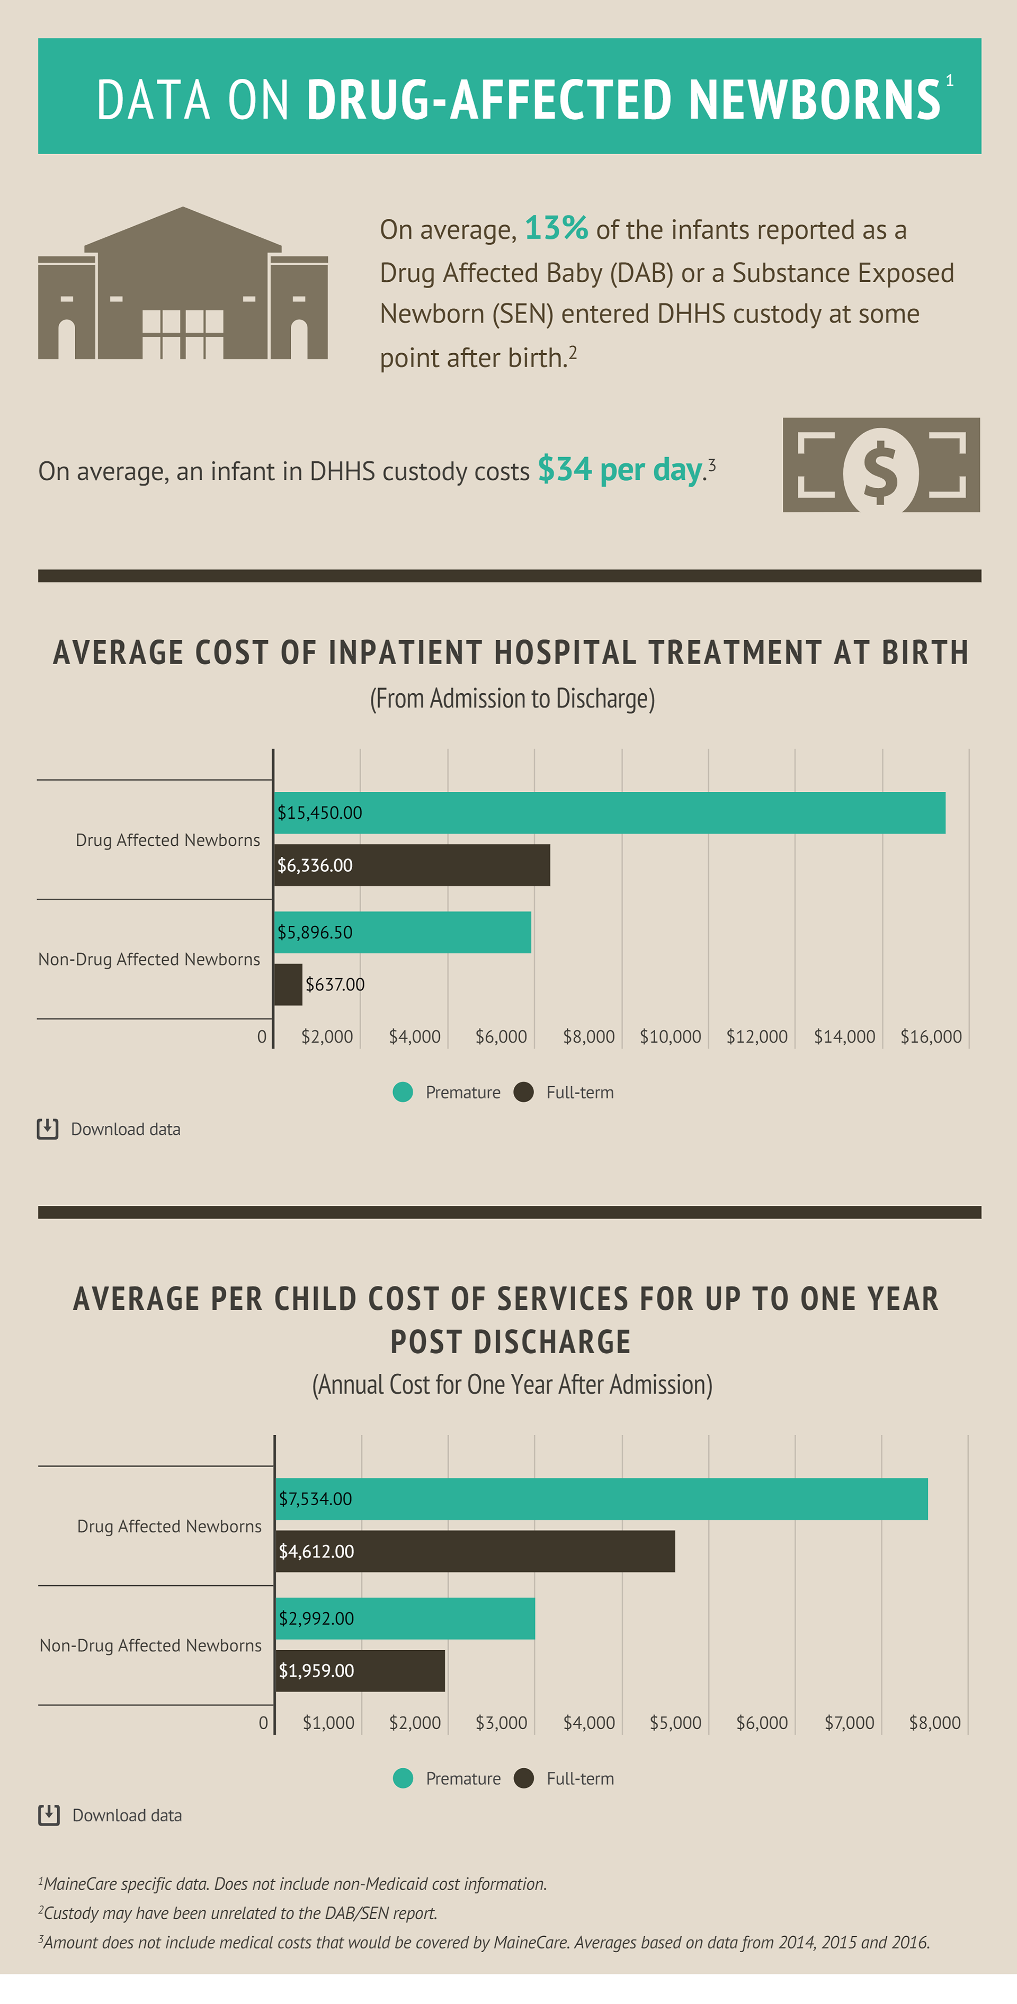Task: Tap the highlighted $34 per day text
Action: (619, 469)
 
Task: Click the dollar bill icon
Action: (881, 465)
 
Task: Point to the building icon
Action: (183, 285)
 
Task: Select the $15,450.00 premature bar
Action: (609, 813)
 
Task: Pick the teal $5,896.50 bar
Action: (402, 932)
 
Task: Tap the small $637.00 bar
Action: (288, 984)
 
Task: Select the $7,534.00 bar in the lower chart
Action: (602, 1499)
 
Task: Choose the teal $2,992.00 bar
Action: (405, 1618)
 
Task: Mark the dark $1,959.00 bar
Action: (360, 1670)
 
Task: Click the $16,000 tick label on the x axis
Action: (931, 1036)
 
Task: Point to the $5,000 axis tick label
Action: (675, 1722)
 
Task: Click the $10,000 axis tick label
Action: (670, 1036)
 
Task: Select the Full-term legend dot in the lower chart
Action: (524, 1778)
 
